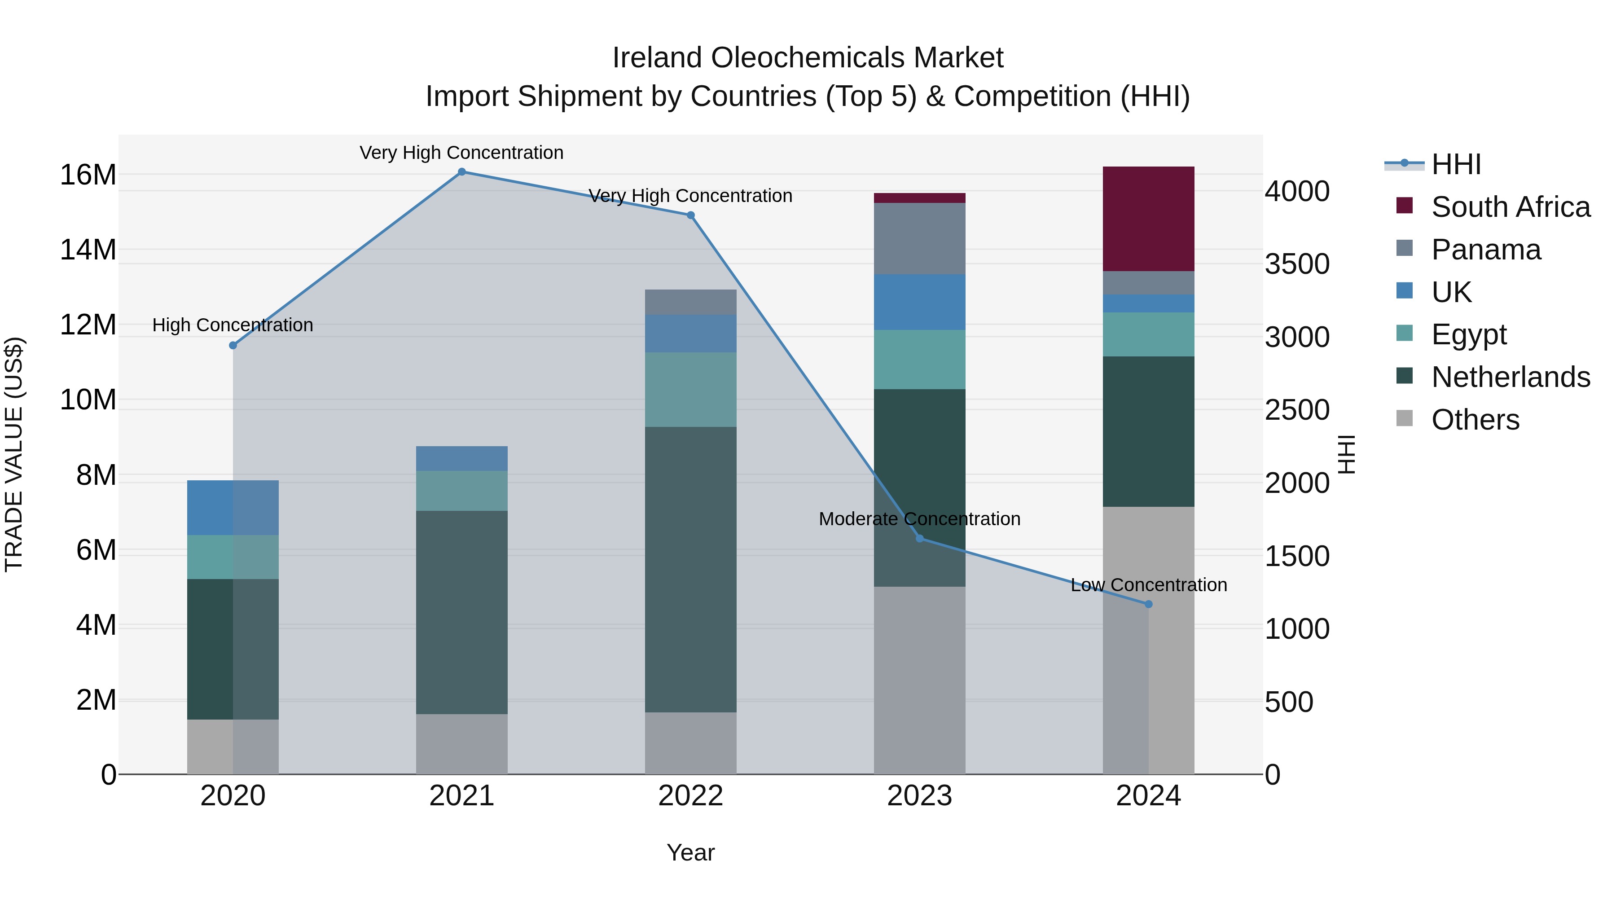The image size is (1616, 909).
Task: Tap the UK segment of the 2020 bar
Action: [x=233, y=508]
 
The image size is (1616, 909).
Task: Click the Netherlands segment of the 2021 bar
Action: [x=462, y=612]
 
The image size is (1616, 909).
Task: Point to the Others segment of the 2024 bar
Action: [x=1148, y=640]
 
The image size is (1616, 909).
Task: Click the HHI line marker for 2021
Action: [x=462, y=172]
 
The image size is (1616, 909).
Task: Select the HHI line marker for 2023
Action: [x=920, y=538]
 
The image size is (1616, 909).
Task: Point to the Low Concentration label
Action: [x=1148, y=584]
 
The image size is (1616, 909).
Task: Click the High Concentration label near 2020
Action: [x=233, y=325]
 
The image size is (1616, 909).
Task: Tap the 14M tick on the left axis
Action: [x=88, y=250]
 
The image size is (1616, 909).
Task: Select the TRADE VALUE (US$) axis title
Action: [x=14, y=454]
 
